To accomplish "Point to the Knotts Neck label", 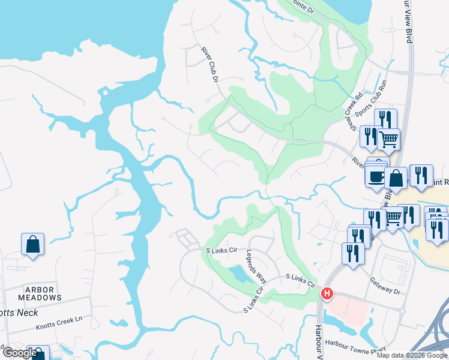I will (x=18, y=313).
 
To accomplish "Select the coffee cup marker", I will (x=376, y=176).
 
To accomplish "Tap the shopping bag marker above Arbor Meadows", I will (x=32, y=244).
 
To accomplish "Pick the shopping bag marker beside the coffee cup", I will (x=396, y=178).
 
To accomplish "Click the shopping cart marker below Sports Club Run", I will (x=389, y=140).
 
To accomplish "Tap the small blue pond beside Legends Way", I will (x=240, y=275).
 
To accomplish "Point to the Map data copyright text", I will (x=412, y=355).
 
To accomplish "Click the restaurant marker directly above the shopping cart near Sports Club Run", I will (x=385, y=119).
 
